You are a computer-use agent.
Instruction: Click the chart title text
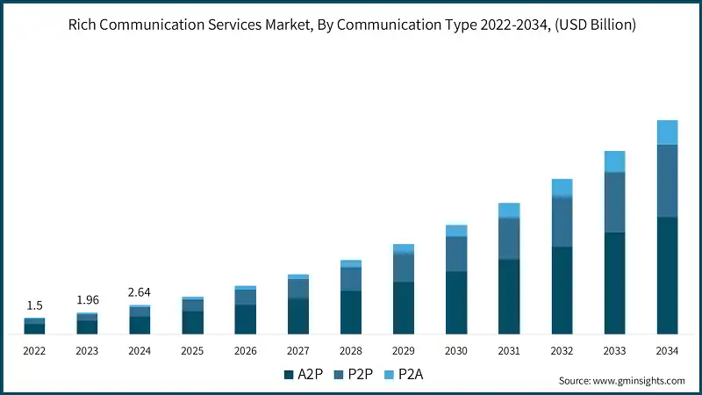tap(351, 25)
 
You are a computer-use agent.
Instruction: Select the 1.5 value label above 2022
tap(34, 305)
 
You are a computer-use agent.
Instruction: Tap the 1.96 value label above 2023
tap(87, 299)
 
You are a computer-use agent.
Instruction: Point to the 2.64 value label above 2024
tap(140, 292)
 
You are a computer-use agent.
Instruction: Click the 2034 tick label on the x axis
tap(667, 350)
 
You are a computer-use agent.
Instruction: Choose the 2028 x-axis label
tap(351, 350)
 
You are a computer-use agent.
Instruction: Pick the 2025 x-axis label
tap(192, 350)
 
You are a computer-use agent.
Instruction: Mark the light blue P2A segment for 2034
tap(667, 133)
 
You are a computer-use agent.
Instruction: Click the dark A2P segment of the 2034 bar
tap(667, 275)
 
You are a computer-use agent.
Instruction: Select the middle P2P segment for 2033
tap(614, 202)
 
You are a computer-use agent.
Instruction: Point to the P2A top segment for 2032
tap(562, 188)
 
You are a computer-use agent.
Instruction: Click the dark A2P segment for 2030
tap(456, 302)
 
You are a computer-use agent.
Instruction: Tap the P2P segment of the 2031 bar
tap(509, 238)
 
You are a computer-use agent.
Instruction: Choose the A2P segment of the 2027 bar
tap(298, 316)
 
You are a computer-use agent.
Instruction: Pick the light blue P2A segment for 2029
tap(404, 248)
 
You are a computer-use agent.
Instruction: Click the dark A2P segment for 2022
tap(34, 328)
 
